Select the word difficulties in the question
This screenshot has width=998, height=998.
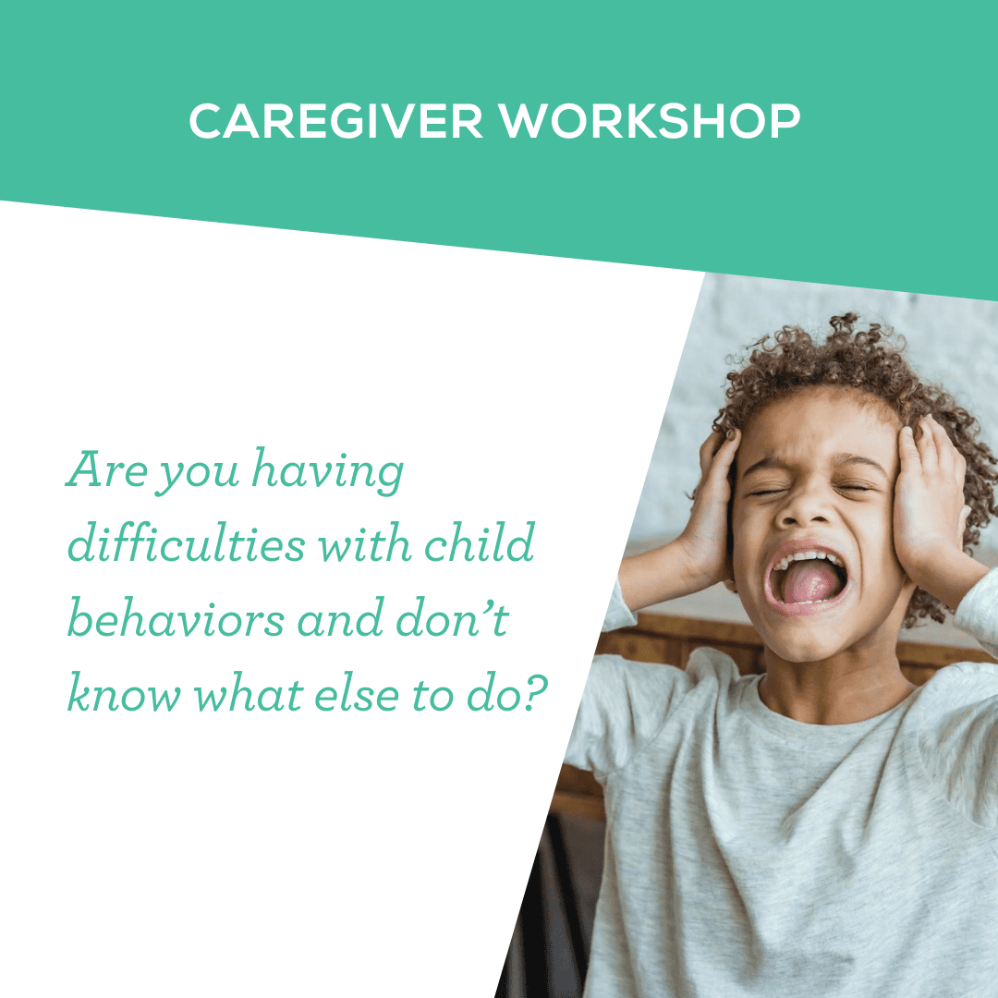[x=186, y=546]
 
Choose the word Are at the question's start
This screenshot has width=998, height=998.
[x=108, y=471]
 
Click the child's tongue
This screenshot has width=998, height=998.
[x=806, y=583]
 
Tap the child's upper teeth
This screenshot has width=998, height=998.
[x=805, y=558]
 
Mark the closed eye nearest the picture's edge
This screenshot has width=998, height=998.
[x=855, y=487]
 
